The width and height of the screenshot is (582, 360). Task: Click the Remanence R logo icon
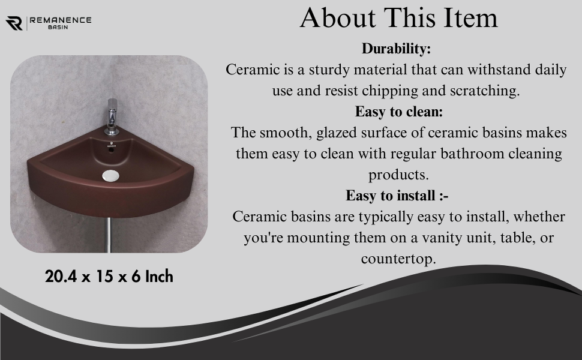(x=14, y=23)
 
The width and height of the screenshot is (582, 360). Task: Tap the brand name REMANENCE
(x=61, y=20)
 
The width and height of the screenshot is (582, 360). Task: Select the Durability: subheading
(x=396, y=49)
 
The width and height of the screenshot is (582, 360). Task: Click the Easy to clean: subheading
(x=399, y=112)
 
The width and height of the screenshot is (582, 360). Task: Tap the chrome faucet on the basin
(x=112, y=116)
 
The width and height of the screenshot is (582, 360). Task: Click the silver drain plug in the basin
(x=110, y=176)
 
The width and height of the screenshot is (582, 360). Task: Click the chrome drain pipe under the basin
(x=109, y=235)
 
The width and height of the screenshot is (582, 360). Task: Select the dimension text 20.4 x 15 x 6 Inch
(x=109, y=277)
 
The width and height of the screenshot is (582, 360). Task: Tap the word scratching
(x=484, y=91)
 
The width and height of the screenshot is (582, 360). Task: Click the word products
(x=398, y=175)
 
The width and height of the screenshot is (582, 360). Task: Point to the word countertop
(x=398, y=259)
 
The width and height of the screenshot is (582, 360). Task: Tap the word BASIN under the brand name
(x=58, y=28)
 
